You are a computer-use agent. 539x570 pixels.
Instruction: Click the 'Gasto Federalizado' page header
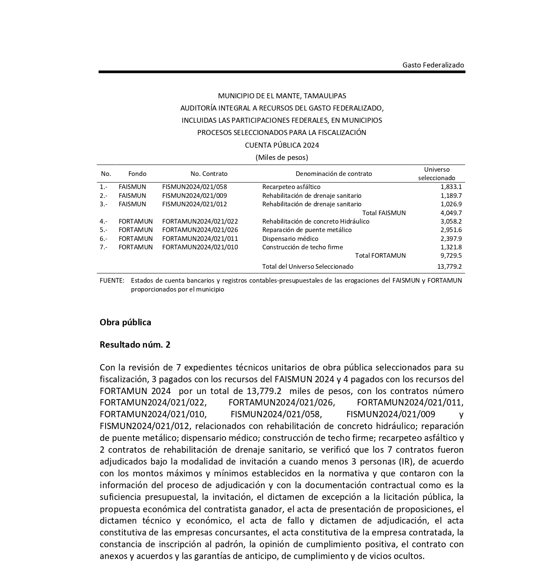pyautogui.click(x=433, y=65)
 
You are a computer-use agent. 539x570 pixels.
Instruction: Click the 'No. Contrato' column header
pyautogui.click(x=209, y=174)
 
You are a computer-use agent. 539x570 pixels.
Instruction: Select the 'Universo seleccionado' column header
pyautogui.click(x=437, y=174)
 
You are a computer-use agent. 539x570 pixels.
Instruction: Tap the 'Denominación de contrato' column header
pyautogui.click(x=334, y=174)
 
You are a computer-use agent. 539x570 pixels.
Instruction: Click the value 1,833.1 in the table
pyautogui.click(x=451, y=187)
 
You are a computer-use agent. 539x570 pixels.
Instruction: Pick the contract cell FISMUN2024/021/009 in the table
pyautogui.click(x=194, y=196)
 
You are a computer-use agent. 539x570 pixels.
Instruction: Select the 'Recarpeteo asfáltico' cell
pyautogui.click(x=291, y=187)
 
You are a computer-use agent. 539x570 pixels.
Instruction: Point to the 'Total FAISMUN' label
pyautogui.click(x=384, y=213)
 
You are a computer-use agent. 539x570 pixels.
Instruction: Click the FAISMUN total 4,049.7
pyautogui.click(x=451, y=213)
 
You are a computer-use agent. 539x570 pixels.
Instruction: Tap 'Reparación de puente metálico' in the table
pyautogui.click(x=307, y=230)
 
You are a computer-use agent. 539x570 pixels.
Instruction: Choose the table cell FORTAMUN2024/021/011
pyautogui.click(x=200, y=239)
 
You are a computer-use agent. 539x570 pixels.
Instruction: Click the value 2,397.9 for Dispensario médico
pyautogui.click(x=451, y=239)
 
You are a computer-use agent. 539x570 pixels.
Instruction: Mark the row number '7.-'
pyautogui.click(x=103, y=247)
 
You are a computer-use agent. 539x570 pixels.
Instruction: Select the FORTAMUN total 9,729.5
pyautogui.click(x=451, y=256)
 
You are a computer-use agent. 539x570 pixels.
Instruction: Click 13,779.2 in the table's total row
pyautogui.click(x=449, y=267)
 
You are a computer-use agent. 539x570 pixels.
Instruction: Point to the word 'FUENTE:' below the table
pyautogui.click(x=112, y=281)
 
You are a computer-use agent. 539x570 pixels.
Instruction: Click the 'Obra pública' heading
pyautogui.click(x=125, y=322)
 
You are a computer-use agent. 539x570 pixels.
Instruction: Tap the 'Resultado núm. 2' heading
pyautogui.click(x=135, y=345)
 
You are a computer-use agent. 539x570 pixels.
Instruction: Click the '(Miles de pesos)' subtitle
pyautogui.click(x=282, y=157)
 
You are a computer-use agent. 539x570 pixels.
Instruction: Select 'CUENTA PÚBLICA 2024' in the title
pyautogui.click(x=282, y=145)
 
